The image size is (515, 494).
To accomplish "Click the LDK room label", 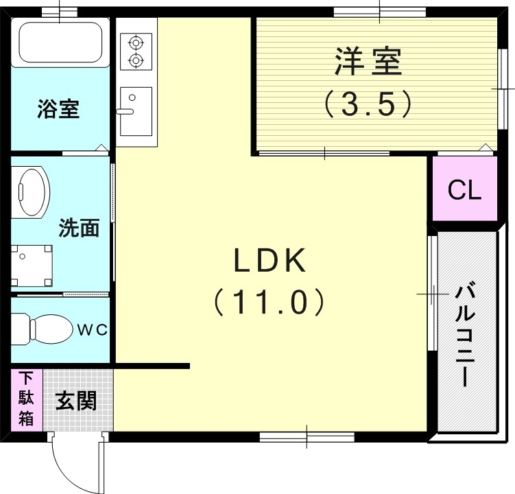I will [269, 261].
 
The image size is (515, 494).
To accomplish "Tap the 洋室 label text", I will [368, 64].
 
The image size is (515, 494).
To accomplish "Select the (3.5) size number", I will [368, 104].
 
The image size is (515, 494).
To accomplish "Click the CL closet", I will [464, 190].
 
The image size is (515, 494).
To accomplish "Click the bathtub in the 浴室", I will [60, 41].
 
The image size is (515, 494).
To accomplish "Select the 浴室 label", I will [58, 109].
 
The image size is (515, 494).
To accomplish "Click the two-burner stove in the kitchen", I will [136, 51].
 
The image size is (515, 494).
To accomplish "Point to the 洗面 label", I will [78, 228].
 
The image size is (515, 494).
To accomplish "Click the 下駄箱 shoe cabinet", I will [26, 399].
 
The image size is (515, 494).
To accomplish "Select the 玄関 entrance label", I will [75, 400].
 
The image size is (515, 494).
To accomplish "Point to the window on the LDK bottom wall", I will [306, 435].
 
